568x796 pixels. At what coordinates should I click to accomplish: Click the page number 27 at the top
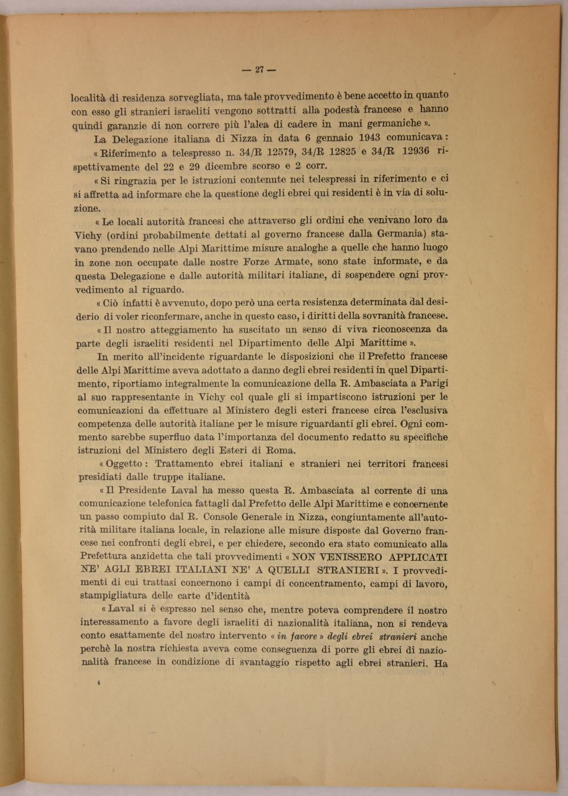(259, 70)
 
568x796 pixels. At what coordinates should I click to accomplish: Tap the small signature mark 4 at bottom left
(99, 684)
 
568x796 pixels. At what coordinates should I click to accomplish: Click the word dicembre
(227, 167)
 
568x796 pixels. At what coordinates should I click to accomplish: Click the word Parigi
(434, 384)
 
